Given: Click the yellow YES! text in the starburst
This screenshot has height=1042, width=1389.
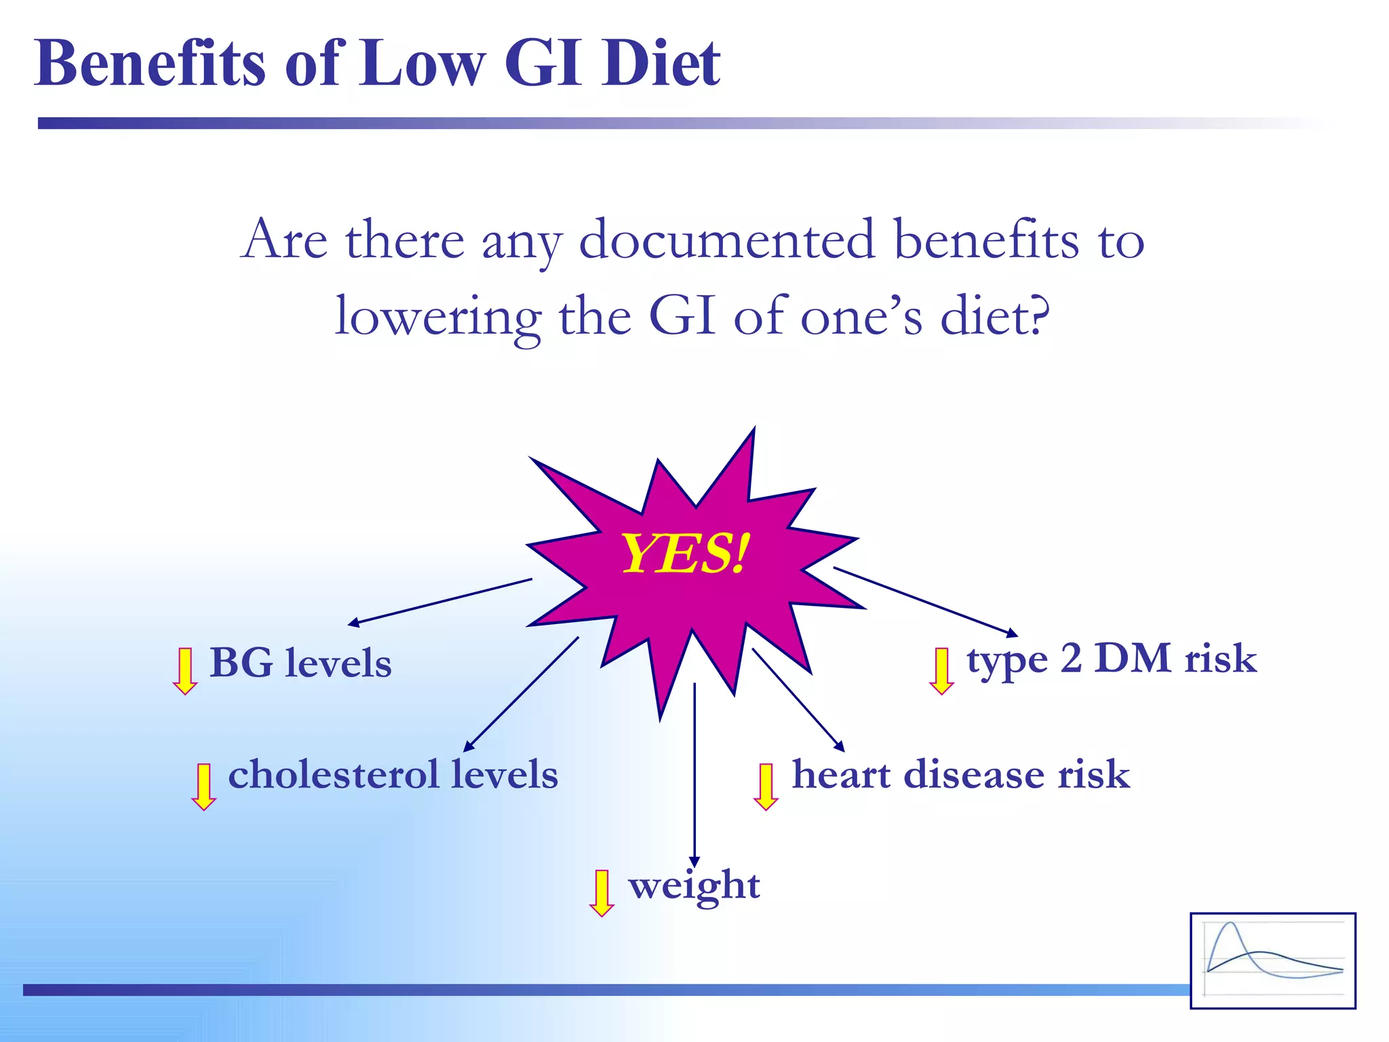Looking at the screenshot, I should click(685, 554).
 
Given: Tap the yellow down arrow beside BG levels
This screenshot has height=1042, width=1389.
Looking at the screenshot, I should click(184, 670).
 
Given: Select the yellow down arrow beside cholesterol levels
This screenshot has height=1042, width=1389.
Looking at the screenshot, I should click(203, 786).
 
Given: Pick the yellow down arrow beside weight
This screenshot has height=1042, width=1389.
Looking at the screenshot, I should click(602, 893).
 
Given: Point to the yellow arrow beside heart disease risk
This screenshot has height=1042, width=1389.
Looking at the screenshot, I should click(766, 786).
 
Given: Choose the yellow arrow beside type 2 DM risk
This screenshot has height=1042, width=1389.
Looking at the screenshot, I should click(941, 670).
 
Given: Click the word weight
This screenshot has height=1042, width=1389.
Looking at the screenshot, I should click(694, 886).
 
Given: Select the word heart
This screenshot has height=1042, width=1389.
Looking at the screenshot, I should click(841, 774).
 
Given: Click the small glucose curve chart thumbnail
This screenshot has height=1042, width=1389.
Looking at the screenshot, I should click(1273, 961).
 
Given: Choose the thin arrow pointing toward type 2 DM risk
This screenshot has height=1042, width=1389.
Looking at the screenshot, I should click(926, 602).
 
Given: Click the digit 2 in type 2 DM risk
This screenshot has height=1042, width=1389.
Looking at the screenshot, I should click(1071, 658).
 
